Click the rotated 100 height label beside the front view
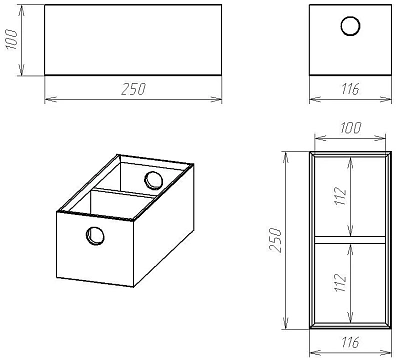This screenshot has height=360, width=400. pyautogui.click(x=12, y=39)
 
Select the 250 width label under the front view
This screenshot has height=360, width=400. pyautogui.click(x=133, y=89)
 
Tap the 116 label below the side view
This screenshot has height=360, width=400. pyautogui.click(x=350, y=89)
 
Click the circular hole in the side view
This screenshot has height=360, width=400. pyautogui.click(x=350, y=26)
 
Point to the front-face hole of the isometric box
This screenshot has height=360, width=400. pyautogui.click(x=95, y=236)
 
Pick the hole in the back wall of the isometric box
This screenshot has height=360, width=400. pyautogui.click(x=153, y=180)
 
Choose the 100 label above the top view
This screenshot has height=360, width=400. pyautogui.click(x=351, y=128)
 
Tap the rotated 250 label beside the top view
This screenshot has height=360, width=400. pyautogui.click(x=275, y=240)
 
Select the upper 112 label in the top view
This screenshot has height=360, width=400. pyautogui.click(x=341, y=196)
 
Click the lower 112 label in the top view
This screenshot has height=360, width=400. pyautogui.click(x=341, y=283)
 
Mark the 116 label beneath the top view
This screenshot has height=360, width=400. pyautogui.click(x=350, y=343)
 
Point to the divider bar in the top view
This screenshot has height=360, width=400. pyautogui.click(x=350, y=240)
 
